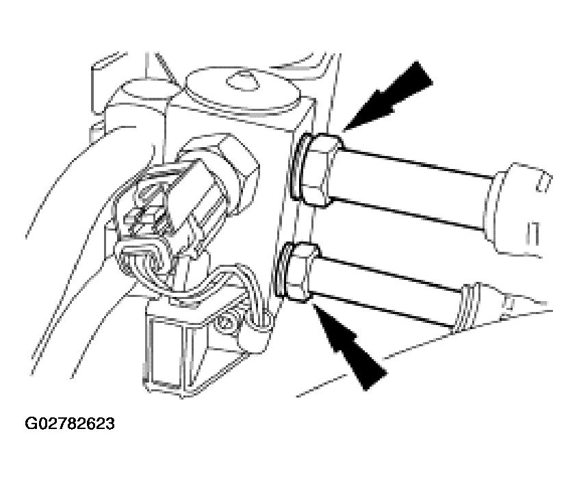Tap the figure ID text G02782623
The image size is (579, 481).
click(x=70, y=424)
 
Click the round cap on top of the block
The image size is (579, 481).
click(x=242, y=90)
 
